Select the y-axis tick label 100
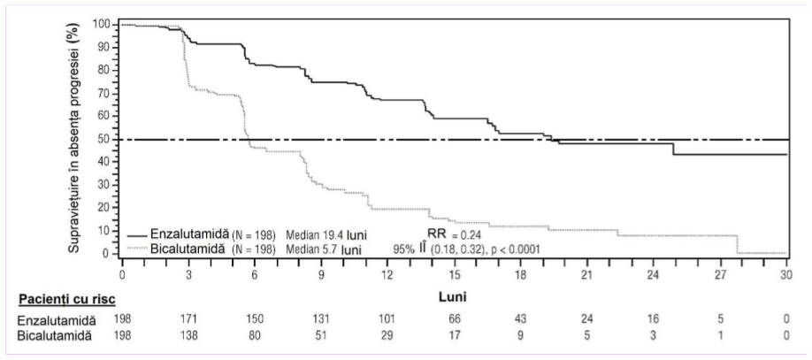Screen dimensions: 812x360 click(100, 25)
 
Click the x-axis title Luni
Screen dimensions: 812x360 click(454, 299)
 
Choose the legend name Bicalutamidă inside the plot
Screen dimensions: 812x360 click(188, 249)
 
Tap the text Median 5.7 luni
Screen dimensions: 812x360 click(324, 249)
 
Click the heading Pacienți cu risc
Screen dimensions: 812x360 click(67, 300)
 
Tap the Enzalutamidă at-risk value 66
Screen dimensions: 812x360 click(454, 318)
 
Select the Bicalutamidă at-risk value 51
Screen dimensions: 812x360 click(321, 335)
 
